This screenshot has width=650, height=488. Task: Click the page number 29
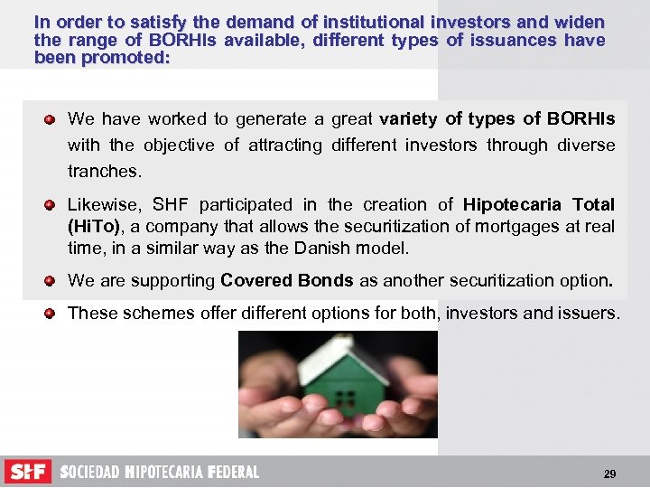pos(609,474)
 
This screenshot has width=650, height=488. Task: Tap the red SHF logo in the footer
pos(28,472)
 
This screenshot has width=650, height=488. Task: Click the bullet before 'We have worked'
pos(51,119)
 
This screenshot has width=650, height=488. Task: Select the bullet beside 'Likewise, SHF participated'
pos(51,205)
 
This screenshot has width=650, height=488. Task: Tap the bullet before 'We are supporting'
pos(51,281)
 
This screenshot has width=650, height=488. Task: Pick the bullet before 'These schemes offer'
pos(51,314)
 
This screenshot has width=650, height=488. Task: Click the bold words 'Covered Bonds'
pos(287,281)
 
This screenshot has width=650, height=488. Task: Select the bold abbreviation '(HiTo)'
pos(94,227)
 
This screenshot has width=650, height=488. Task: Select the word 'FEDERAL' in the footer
pos(233,473)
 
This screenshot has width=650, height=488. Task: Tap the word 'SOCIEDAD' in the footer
pos(89,473)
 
